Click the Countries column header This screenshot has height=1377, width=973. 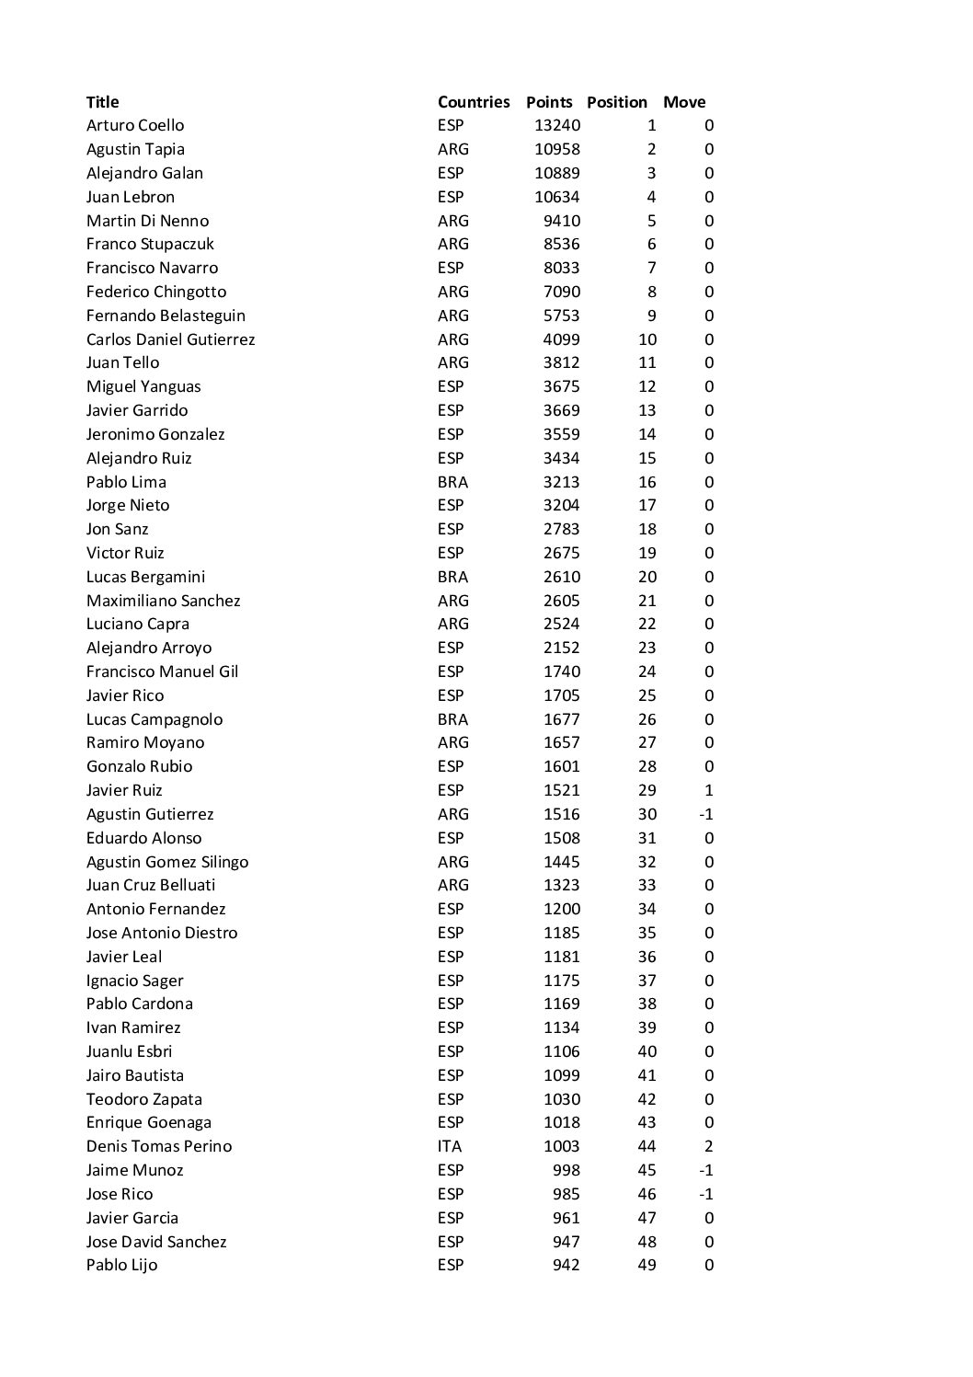473,102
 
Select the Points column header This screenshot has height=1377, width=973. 548,102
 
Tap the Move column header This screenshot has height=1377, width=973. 684,102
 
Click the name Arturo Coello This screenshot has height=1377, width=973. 135,125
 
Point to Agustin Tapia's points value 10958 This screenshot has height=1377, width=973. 557,149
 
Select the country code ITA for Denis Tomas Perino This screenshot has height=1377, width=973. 450,1146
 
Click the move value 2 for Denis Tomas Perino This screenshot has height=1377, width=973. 709,1146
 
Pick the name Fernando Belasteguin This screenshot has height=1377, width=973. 166,316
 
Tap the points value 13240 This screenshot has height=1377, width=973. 557,125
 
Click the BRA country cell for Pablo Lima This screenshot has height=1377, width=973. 452,482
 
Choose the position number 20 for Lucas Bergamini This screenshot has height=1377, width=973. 647,577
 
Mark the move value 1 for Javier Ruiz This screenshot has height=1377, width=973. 709,790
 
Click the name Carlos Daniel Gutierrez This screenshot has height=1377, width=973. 170,339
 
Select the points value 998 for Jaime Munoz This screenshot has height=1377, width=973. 567,1170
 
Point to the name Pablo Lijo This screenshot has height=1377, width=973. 121,1265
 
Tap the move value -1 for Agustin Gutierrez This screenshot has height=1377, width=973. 706,814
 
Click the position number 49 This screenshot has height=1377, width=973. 647,1265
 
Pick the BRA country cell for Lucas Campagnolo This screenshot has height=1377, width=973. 452,719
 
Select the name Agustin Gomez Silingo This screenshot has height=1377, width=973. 167,862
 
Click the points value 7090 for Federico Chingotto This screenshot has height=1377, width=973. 561,292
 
